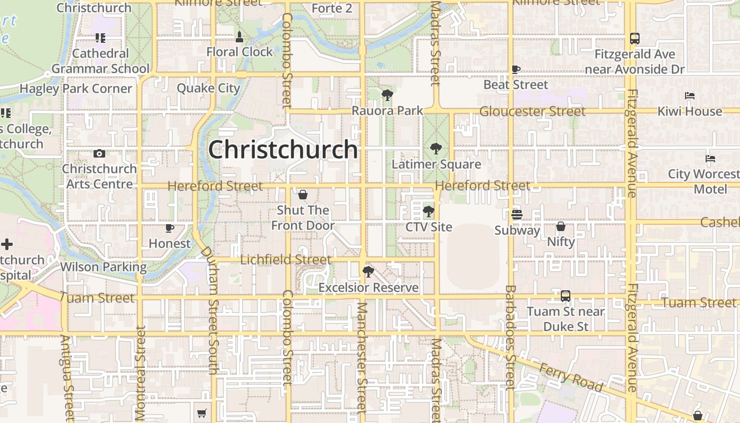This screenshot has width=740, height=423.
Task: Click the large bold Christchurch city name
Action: (x=283, y=150)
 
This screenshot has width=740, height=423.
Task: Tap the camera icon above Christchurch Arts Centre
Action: (x=99, y=154)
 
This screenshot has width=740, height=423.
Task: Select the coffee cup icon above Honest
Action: (x=170, y=228)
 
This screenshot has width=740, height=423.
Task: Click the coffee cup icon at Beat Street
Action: (x=516, y=69)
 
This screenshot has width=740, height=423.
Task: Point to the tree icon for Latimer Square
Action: (x=436, y=149)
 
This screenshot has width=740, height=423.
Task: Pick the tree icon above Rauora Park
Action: (x=387, y=96)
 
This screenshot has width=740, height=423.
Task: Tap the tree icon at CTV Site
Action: (x=429, y=212)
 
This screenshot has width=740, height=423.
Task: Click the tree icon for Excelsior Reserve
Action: (x=368, y=272)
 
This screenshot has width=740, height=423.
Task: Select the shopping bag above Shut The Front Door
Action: (x=303, y=195)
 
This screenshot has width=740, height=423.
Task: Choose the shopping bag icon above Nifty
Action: (x=561, y=226)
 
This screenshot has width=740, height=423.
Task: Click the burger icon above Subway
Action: (x=517, y=215)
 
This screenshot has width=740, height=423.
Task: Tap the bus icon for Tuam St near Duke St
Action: (x=566, y=296)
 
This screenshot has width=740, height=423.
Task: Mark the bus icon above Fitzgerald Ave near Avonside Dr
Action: (x=635, y=39)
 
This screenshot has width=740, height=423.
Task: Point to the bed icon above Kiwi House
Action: (x=690, y=96)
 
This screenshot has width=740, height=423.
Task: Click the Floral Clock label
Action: (x=239, y=52)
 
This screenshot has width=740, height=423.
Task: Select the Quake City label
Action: (x=208, y=88)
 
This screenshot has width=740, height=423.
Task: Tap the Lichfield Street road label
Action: (x=286, y=260)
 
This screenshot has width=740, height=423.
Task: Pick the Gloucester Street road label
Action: (x=532, y=112)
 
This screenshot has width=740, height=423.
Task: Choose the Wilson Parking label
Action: (x=103, y=266)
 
